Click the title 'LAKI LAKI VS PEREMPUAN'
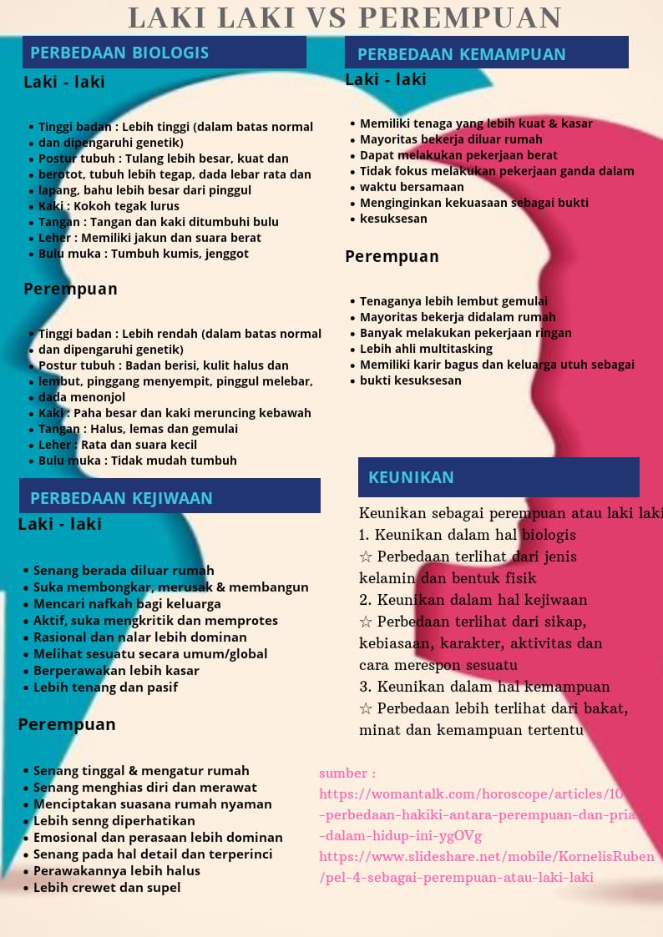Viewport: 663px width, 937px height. pyautogui.click(x=345, y=18)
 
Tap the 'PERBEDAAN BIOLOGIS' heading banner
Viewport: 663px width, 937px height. pyautogui.click(x=164, y=53)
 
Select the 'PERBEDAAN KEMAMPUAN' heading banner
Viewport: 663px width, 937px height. pyautogui.click(x=486, y=53)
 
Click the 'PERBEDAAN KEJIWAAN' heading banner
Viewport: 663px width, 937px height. pyautogui.click(x=170, y=497)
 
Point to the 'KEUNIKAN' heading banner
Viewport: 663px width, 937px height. pyautogui.click(x=499, y=477)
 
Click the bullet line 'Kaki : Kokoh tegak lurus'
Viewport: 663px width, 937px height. pyautogui.click(x=109, y=206)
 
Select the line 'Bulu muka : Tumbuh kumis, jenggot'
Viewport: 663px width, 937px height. pyautogui.click(x=143, y=254)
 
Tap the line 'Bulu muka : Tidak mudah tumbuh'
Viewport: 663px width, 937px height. pyautogui.click(x=137, y=461)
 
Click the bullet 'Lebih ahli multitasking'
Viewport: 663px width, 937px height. pyautogui.click(x=426, y=349)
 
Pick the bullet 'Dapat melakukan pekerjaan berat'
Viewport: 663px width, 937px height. pyautogui.click(x=458, y=155)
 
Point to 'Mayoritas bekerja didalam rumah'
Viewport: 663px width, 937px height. pyautogui.click(x=458, y=317)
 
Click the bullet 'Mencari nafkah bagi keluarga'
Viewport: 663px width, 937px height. pyautogui.click(x=127, y=604)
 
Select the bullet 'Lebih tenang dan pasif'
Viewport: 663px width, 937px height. pyautogui.click(x=105, y=688)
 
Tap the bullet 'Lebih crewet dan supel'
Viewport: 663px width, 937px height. pyautogui.click(x=107, y=888)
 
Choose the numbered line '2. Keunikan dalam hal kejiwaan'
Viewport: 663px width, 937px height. pyautogui.click(x=473, y=600)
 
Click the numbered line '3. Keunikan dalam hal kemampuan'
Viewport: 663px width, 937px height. pyautogui.click(x=484, y=687)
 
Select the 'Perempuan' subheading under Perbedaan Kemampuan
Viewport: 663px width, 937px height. pyautogui.click(x=392, y=257)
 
